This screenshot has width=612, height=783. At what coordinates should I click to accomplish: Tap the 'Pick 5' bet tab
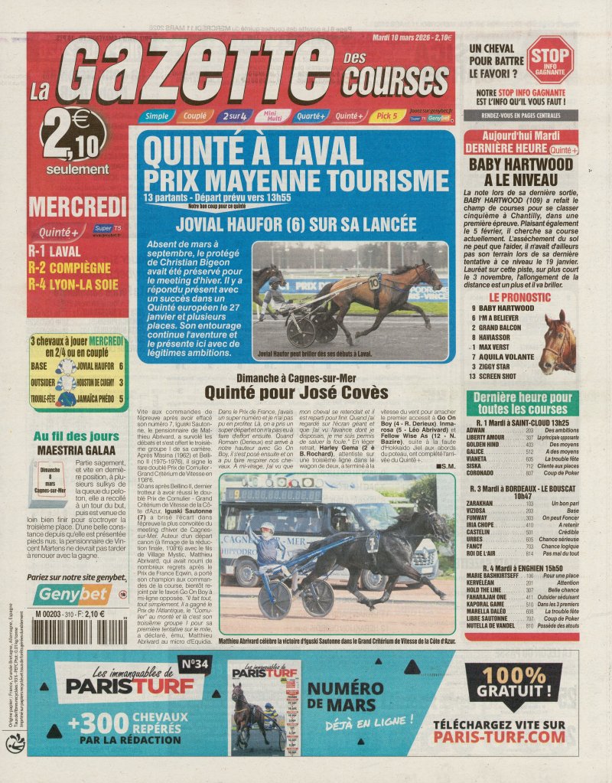[388, 116]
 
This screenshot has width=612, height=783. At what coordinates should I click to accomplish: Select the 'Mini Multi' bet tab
[274, 116]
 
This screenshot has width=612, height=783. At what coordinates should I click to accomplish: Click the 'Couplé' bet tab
[194, 116]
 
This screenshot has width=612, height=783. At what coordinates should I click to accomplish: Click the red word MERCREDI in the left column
[77, 207]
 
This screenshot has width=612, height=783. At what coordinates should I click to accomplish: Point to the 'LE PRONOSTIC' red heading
[520, 295]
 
